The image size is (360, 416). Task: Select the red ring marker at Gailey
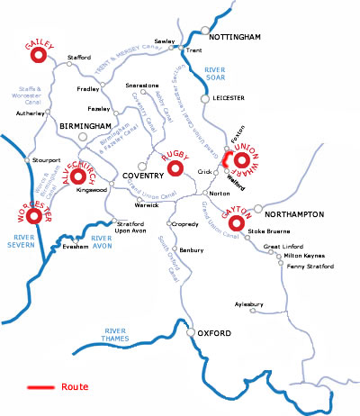pyautogui.click(x=39, y=56)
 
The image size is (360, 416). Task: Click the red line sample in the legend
pyautogui.click(x=40, y=388)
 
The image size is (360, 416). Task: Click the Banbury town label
pyautogui.click(x=192, y=249)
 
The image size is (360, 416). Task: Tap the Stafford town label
pyautogui.click(x=80, y=58)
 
